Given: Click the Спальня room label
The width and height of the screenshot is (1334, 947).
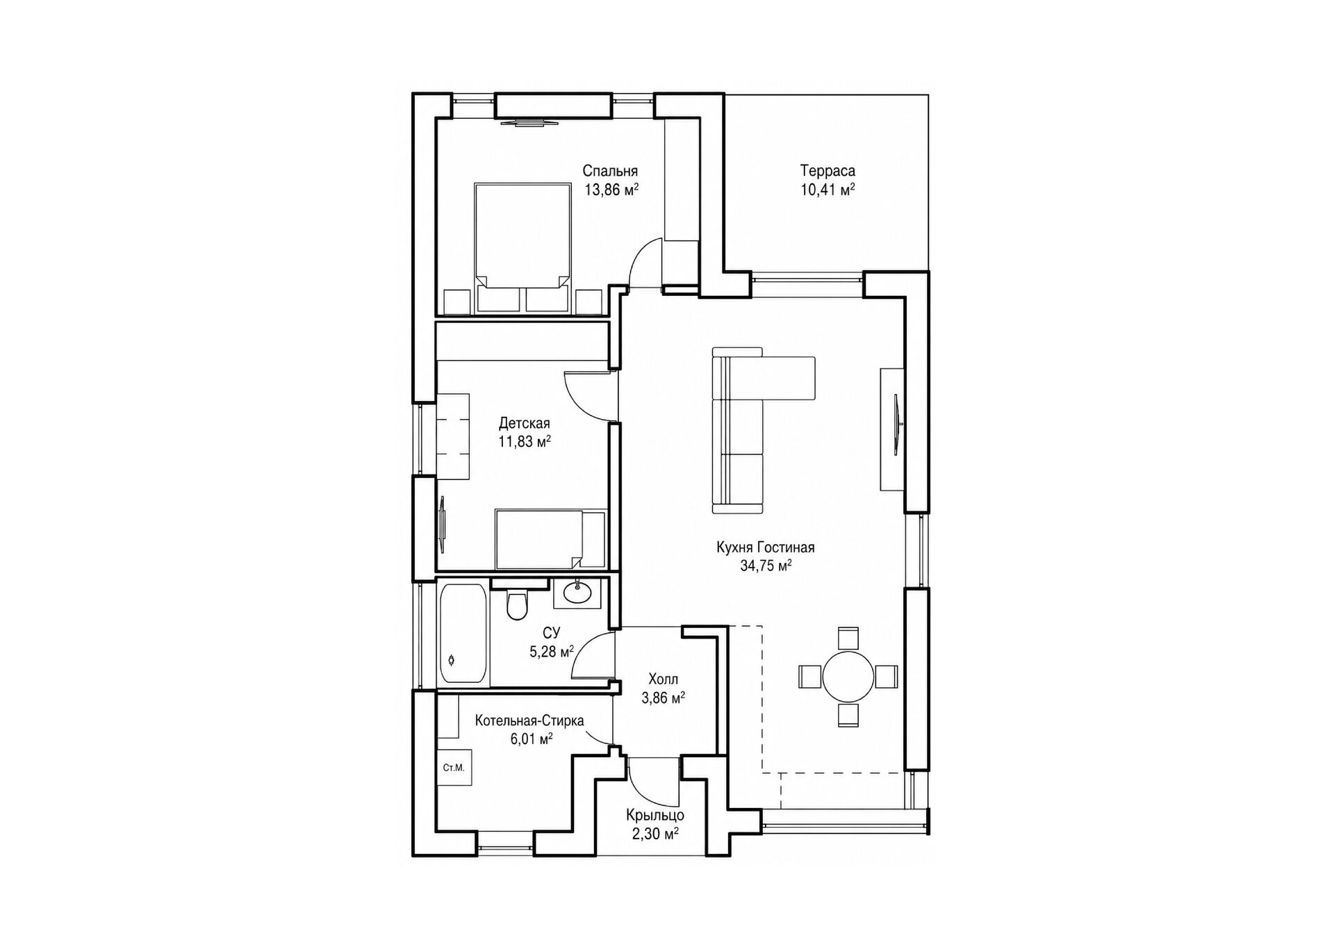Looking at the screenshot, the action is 610,171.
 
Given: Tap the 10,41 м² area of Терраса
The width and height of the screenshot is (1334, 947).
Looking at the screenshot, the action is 827,190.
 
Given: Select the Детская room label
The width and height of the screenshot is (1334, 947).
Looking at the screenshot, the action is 525,423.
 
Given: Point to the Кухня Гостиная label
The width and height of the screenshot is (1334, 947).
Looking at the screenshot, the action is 766,547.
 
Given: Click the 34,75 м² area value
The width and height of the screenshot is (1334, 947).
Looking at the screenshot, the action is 766,566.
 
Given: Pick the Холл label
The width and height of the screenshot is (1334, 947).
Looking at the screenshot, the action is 663,679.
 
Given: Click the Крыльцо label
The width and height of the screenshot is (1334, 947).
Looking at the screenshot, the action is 655,815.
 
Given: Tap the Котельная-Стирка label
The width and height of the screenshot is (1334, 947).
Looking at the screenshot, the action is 529,720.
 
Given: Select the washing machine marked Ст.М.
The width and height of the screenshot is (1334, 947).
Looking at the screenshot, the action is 454,768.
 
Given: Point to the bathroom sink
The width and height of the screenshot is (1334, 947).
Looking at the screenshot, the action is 577,593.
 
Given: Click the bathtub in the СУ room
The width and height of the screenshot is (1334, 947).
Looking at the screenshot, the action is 463,634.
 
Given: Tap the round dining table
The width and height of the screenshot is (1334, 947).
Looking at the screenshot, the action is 848,676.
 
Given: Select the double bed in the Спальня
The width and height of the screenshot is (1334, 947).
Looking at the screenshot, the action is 522,247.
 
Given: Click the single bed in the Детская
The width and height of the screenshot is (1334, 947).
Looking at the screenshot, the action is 550,539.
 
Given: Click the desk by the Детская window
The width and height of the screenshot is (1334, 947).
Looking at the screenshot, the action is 453,436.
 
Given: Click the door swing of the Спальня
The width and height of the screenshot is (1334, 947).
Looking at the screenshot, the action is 645,262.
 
